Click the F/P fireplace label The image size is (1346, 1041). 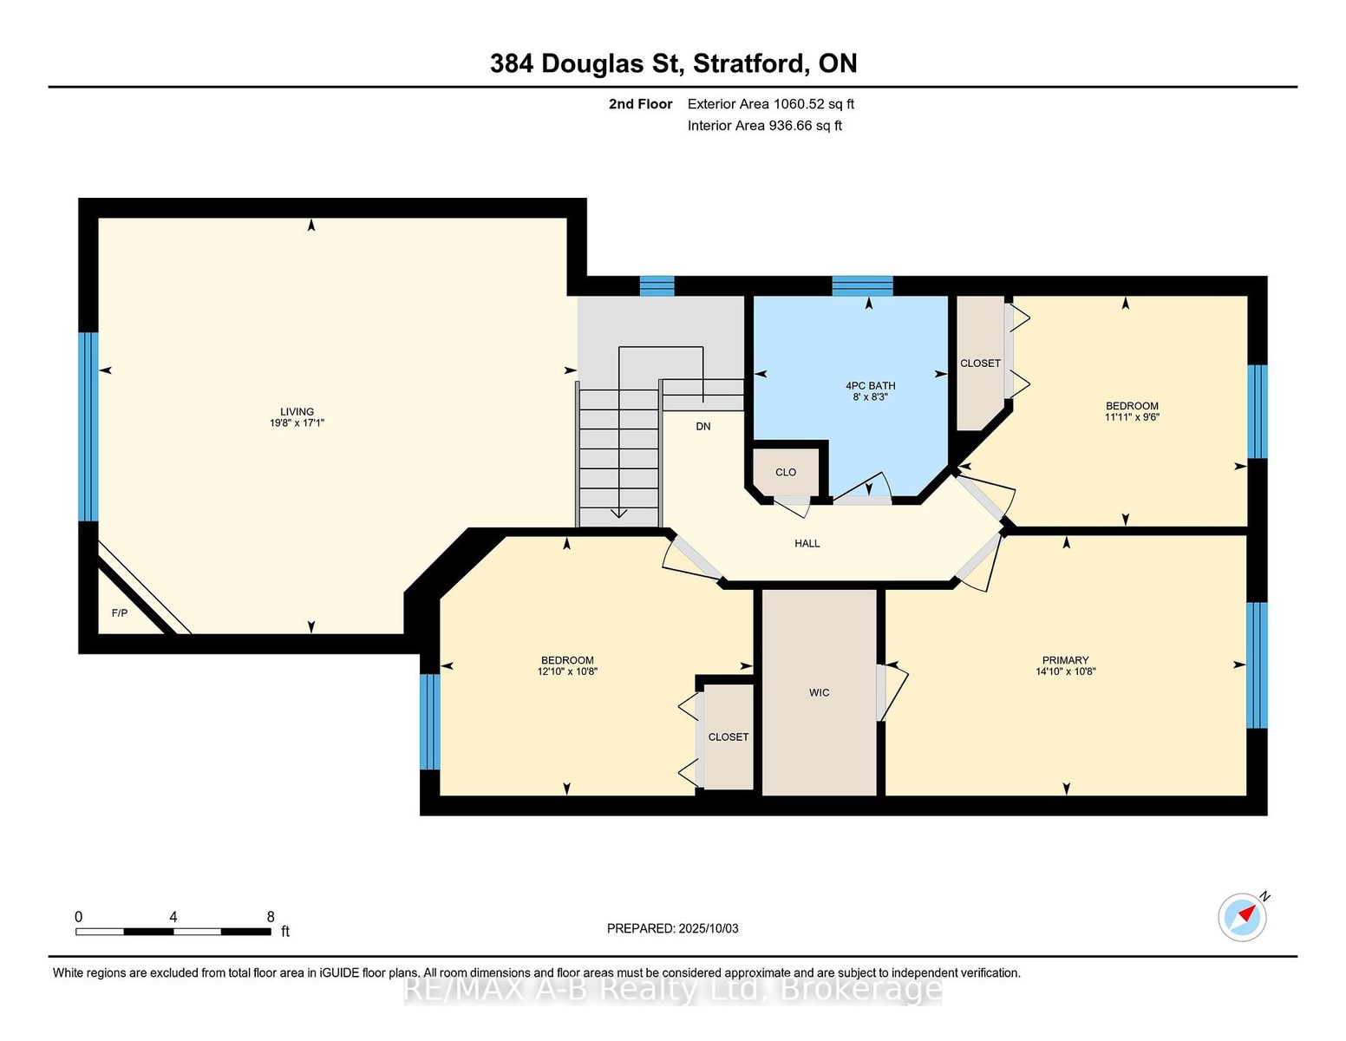click(x=120, y=613)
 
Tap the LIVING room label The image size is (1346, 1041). click(x=297, y=412)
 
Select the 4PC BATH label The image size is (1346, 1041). click(x=870, y=386)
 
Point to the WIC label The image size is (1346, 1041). click(x=819, y=692)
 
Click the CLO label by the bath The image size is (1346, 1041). click(x=786, y=473)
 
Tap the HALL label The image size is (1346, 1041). click(x=807, y=544)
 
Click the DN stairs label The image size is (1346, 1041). click(x=703, y=427)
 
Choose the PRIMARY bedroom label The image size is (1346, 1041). click(x=1065, y=660)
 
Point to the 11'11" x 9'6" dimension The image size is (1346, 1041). click(x=1132, y=416)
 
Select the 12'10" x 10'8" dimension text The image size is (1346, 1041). click(x=567, y=671)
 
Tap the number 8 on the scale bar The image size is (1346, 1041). click(x=271, y=917)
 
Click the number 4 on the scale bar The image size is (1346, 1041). click(x=173, y=917)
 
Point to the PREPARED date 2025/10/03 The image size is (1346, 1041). click(x=709, y=928)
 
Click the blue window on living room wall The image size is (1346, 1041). click(x=88, y=427)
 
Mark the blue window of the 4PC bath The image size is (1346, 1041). click(x=862, y=286)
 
